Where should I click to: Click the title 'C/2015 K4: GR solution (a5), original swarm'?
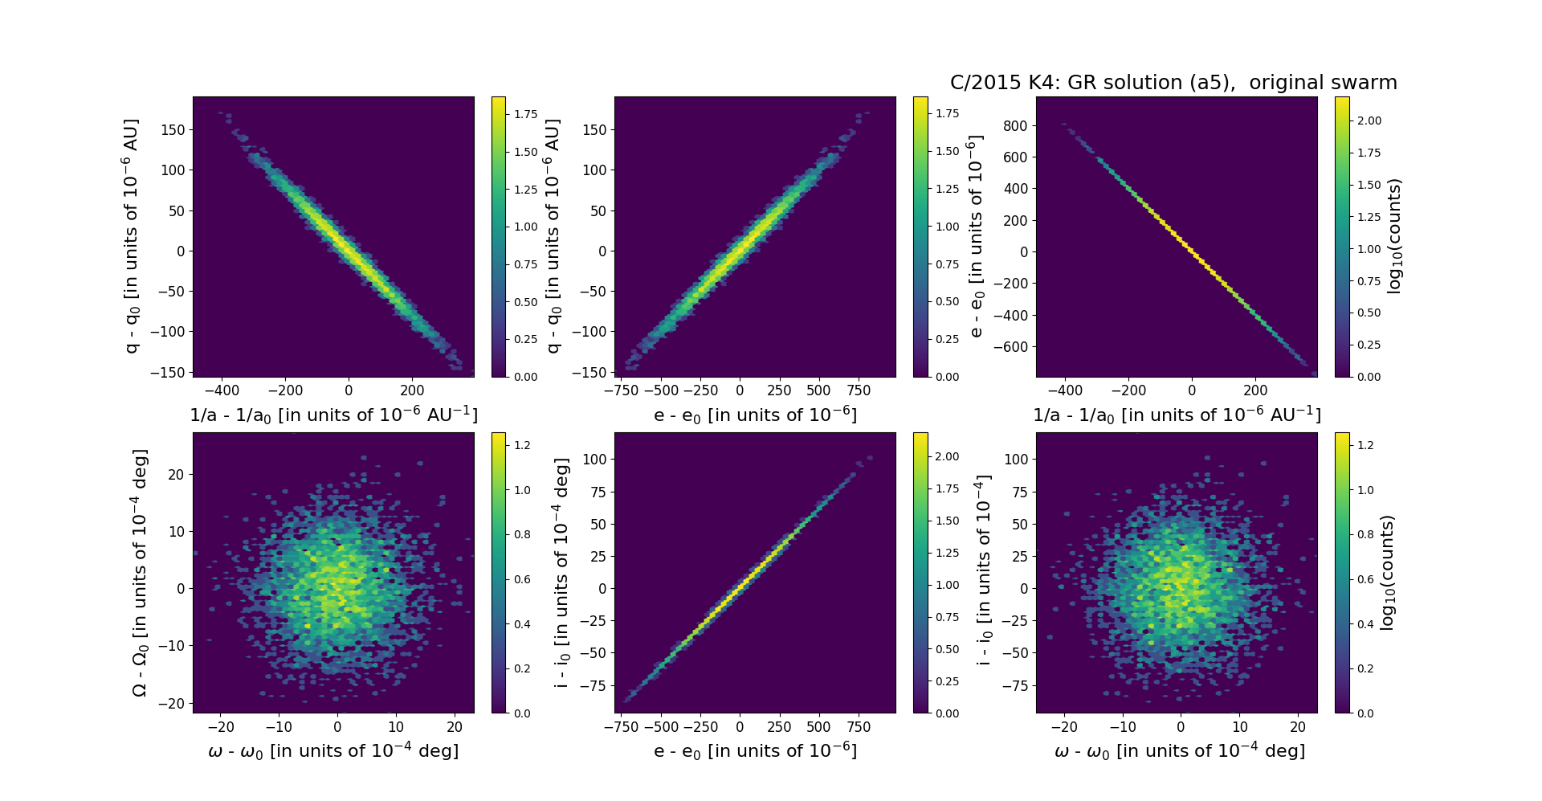point(1173,83)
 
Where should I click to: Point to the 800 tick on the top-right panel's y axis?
point(1016,125)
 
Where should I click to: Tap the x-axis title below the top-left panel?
point(333,415)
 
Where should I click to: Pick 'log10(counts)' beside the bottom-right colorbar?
point(1386,573)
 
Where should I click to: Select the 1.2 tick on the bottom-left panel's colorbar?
point(522,445)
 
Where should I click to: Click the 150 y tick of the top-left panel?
point(173,130)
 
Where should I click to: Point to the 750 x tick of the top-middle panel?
point(859,390)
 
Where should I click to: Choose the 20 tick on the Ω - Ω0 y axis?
point(176,475)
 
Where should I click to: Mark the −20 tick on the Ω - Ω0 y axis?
point(173,704)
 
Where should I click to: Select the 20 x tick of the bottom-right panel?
point(1298,727)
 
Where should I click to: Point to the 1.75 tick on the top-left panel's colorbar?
point(526,114)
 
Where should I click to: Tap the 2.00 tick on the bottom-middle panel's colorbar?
point(948,456)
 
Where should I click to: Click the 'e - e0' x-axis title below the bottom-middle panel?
point(755,751)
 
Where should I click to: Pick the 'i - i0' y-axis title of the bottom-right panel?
point(983,573)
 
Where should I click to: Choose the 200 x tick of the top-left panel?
point(412,390)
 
